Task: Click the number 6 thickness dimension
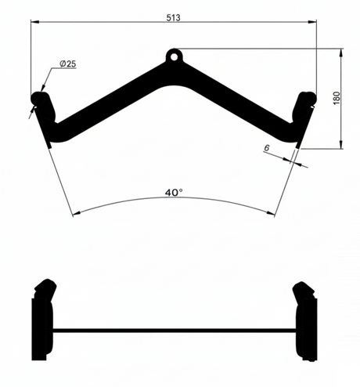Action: coord(267,147)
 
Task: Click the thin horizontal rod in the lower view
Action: coord(173,328)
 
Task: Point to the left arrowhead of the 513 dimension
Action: coord(35,23)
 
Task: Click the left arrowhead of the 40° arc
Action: coord(74,214)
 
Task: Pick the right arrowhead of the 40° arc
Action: coord(273,213)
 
